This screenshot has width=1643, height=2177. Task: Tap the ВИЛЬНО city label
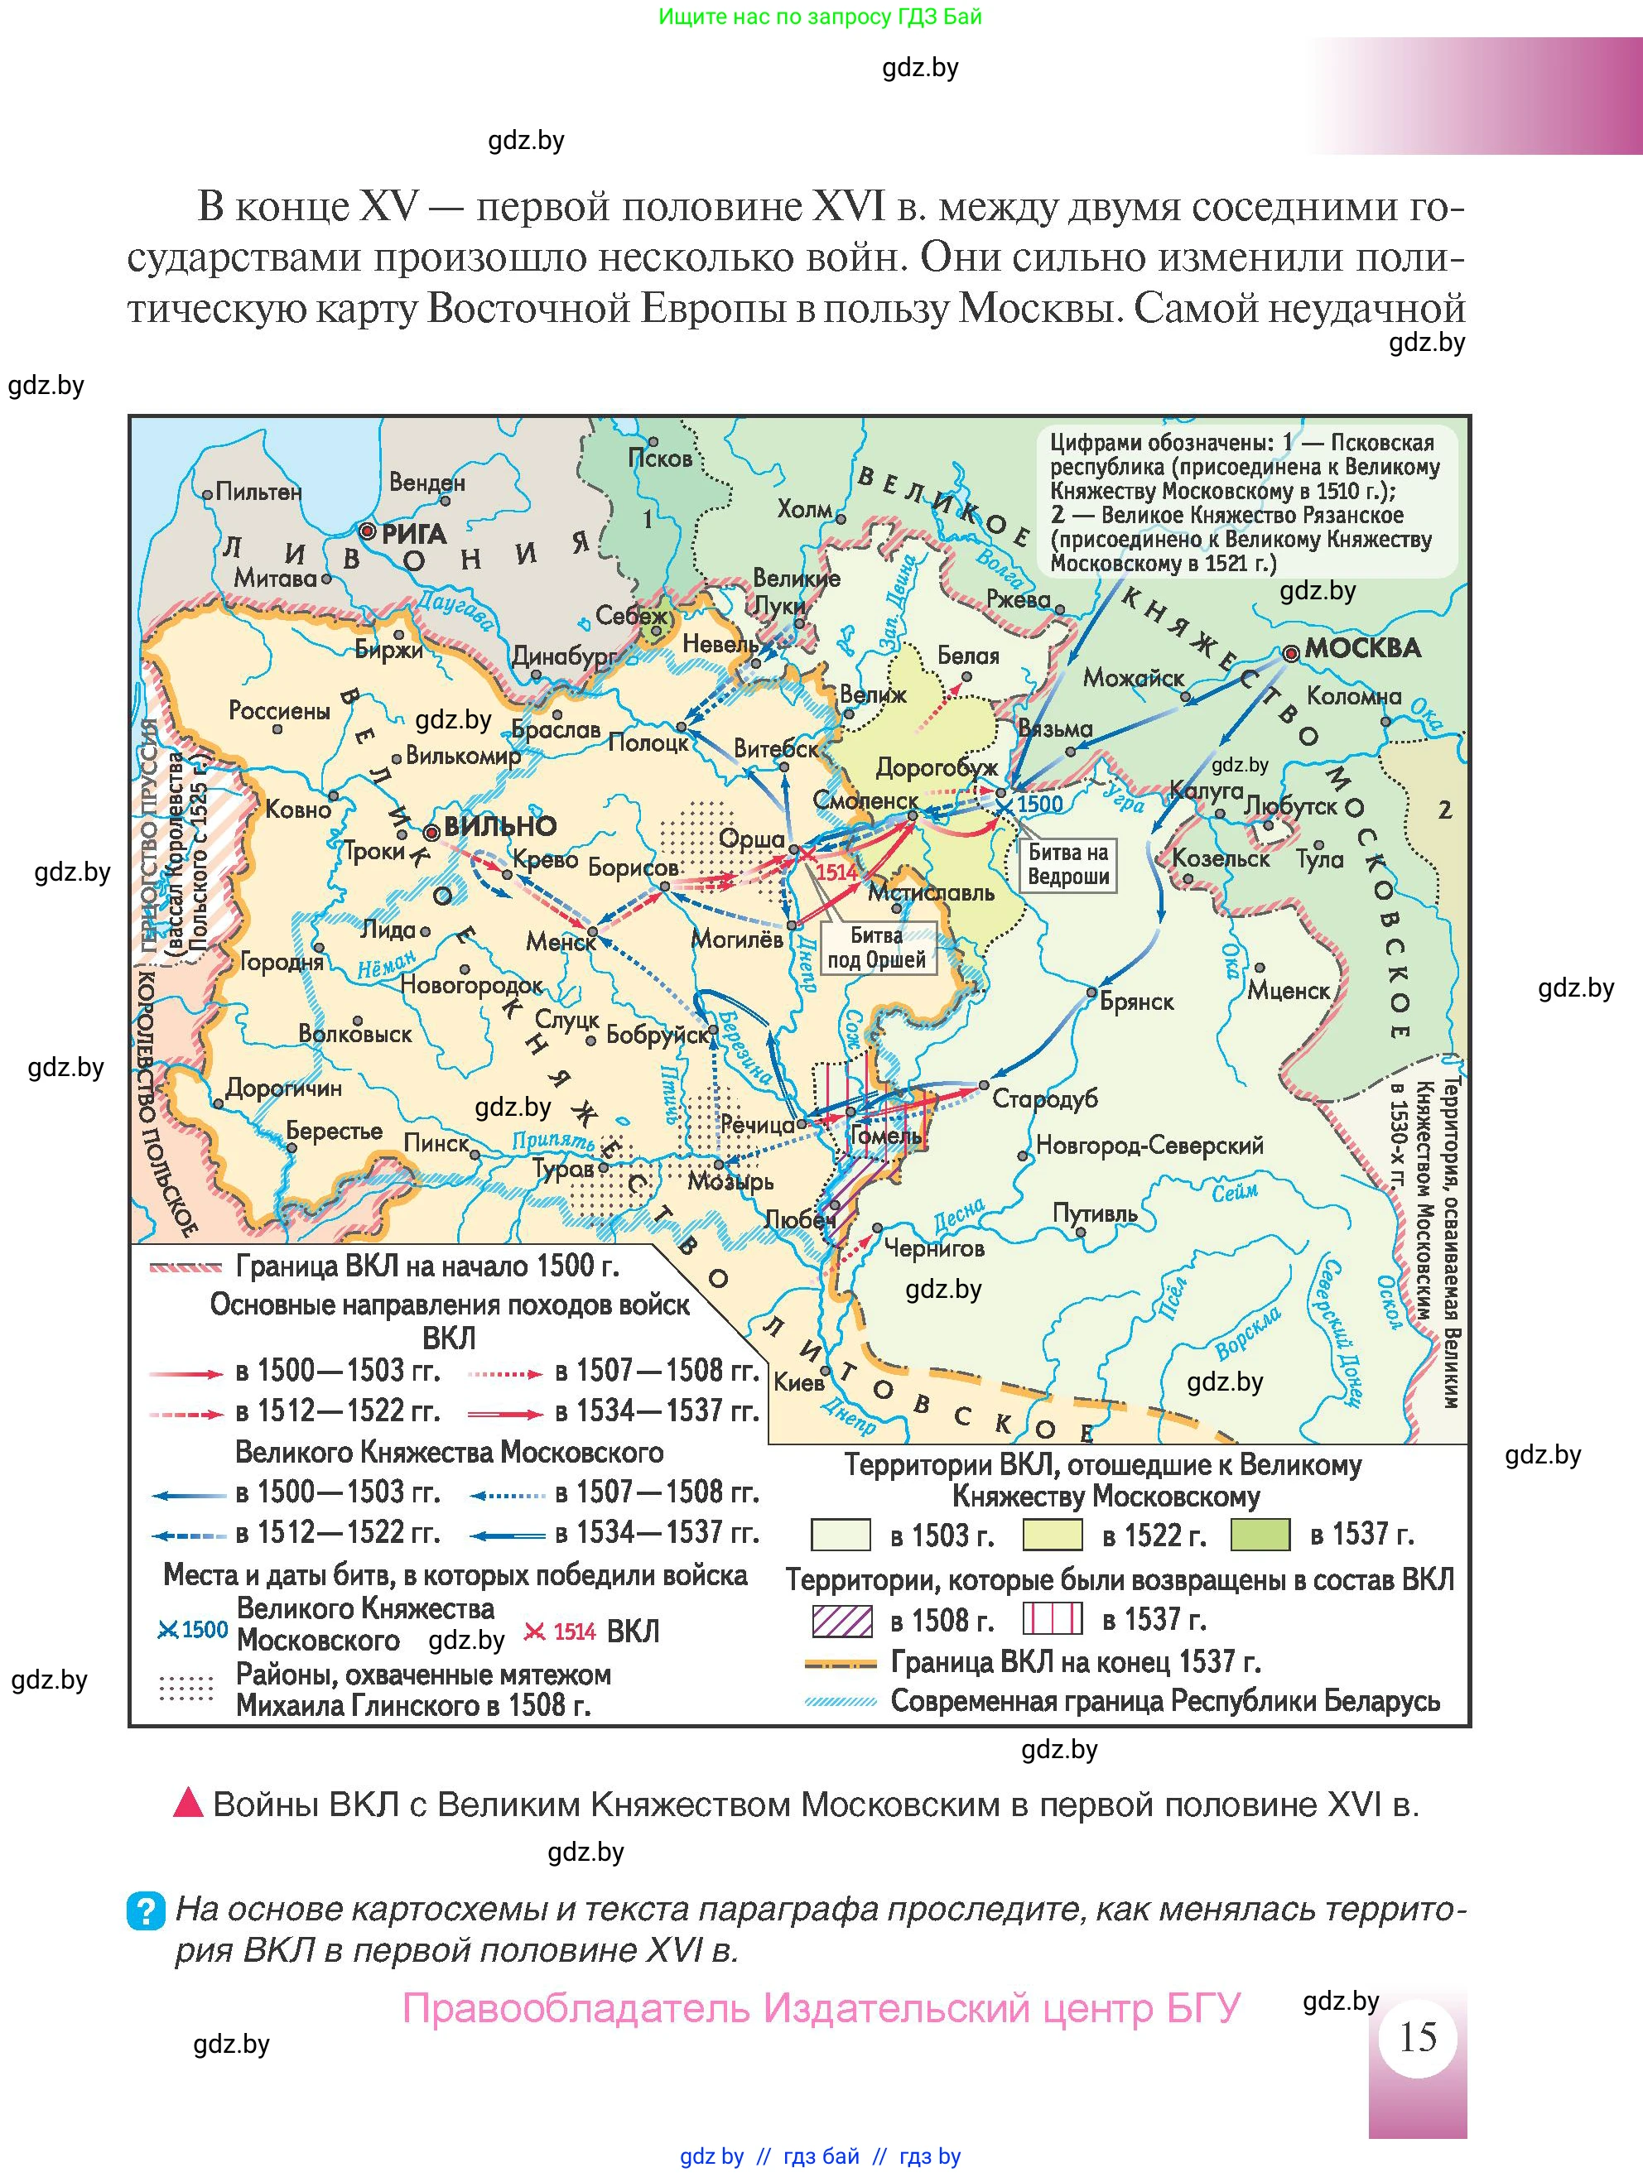tap(499, 826)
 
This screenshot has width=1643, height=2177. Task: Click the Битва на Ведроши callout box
tap(1068, 864)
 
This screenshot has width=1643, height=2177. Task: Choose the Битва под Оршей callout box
tap(876, 948)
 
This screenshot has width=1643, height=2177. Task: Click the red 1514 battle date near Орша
tap(836, 872)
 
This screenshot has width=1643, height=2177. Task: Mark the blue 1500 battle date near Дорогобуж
tap(1039, 804)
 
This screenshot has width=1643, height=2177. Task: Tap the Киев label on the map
tap(797, 1382)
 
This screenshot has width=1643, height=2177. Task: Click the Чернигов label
tap(933, 1249)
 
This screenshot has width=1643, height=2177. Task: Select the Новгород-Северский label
tap(1149, 1145)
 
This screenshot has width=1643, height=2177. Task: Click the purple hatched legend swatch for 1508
tap(841, 1620)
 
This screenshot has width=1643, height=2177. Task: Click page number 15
tap(1418, 2036)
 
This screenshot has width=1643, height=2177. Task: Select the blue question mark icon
tap(146, 1911)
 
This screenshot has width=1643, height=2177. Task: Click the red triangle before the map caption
tap(187, 1802)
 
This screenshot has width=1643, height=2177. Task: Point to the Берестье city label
tap(334, 1131)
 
